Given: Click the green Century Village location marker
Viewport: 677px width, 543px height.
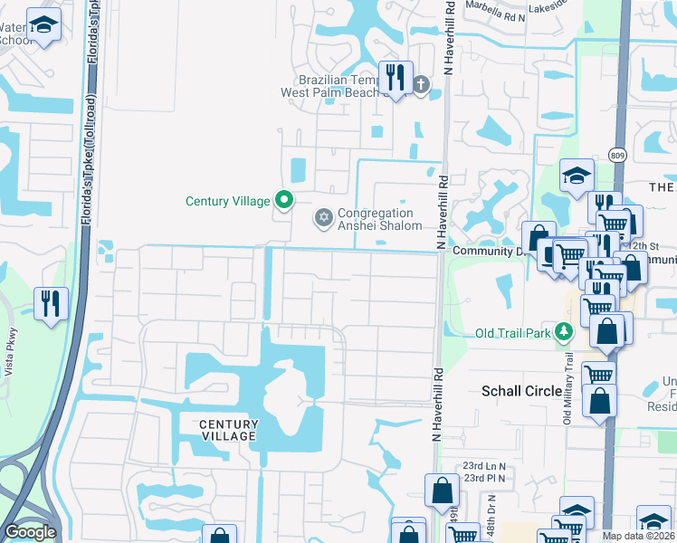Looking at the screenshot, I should (x=284, y=200).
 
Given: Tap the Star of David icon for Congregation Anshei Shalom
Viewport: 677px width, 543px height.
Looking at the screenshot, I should (x=323, y=217).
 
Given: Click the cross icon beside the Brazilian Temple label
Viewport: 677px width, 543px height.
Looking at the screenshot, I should (x=420, y=85).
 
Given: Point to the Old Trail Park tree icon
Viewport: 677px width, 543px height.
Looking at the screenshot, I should (x=564, y=332).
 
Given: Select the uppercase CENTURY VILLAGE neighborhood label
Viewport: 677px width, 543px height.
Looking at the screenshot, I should (x=223, y=430).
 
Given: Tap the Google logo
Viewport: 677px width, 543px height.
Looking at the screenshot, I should (x=29, y=532).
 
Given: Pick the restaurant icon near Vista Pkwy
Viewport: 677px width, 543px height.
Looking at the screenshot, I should (x=51, y=301).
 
